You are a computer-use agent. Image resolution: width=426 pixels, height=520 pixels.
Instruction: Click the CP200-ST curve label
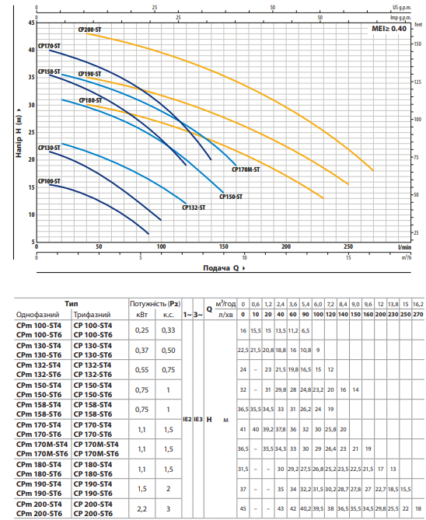89,30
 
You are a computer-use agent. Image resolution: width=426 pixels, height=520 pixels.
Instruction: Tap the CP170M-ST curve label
246,169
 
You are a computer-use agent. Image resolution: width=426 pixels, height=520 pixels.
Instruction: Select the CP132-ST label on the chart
194,208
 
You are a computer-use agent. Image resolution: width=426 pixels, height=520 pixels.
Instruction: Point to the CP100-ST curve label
49,181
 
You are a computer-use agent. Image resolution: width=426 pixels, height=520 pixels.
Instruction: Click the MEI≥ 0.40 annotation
389,29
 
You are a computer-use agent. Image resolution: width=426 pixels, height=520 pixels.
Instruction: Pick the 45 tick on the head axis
31,23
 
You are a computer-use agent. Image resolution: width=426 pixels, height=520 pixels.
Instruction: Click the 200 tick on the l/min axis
286,246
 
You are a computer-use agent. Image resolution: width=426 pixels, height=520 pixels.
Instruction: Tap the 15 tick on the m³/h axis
348,257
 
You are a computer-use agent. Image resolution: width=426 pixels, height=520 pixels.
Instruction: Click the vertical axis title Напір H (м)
19,132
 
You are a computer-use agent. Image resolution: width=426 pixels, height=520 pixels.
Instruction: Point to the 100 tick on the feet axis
417,119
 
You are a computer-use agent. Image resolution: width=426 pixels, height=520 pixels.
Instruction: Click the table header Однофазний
37,314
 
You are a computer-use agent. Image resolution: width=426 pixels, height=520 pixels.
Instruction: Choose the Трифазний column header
92,314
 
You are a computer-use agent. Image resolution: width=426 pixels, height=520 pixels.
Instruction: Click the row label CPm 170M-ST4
42,445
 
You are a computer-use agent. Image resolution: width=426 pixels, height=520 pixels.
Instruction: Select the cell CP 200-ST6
93,513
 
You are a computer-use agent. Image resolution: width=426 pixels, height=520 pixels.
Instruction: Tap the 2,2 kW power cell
141,508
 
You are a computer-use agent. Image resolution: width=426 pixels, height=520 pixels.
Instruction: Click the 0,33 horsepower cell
168,330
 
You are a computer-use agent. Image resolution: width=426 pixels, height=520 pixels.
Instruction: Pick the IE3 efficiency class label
198,420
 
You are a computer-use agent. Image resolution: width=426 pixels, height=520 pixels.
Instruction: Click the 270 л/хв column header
418,314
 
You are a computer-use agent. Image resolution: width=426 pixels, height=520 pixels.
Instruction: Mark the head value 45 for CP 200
243,508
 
